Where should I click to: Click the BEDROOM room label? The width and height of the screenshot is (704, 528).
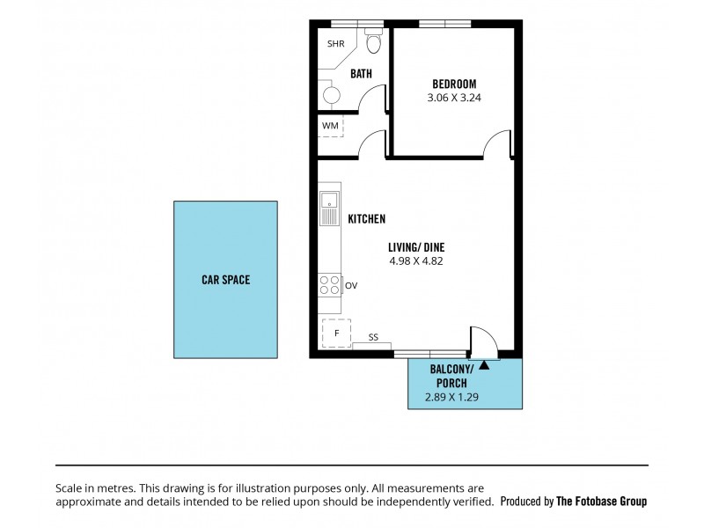coord(454,85)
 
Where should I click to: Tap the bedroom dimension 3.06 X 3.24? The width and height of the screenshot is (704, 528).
coord(454,98)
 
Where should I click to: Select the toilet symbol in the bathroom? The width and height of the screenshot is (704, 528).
coord(372,44)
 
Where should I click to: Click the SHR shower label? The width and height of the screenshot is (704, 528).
coord(336,44)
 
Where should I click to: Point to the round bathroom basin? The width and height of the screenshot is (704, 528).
coord(332,94)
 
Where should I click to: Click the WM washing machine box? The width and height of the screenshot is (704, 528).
coord(330,126)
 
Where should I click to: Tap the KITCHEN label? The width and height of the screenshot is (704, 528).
coord(367,219)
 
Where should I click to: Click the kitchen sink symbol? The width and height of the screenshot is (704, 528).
coord(328,208)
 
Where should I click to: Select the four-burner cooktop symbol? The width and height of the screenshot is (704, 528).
coord(330,284)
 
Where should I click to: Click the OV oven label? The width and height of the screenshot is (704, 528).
coord(351,285)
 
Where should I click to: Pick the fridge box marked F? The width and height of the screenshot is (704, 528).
coord(335,334)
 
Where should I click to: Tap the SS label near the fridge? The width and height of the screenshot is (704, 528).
coord(373,337)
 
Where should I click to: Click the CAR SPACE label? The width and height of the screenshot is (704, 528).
coord(225,280)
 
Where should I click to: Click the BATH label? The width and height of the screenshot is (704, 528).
coord(362,75)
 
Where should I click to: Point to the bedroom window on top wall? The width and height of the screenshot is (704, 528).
coord(444,23)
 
